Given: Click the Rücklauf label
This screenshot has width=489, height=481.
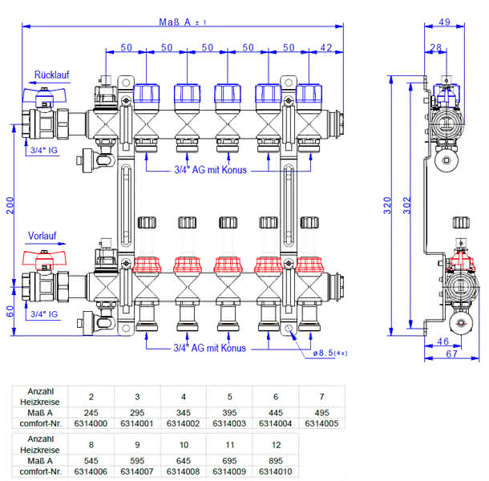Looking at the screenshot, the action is [x=51, y=75].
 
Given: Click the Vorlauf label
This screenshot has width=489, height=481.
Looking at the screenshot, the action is [x=42, y=236].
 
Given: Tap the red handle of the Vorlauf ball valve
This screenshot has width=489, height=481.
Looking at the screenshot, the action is [x=44, y=257].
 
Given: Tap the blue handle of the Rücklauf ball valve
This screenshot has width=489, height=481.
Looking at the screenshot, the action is [x=44, y=95].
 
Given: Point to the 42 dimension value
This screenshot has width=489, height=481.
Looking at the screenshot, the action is [x=326, y=47].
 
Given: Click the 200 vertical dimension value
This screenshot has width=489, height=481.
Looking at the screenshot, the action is [x=10, y=205].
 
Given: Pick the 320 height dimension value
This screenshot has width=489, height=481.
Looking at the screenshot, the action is [x=387, y=205].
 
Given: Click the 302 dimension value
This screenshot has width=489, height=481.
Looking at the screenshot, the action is [x=407, y=205].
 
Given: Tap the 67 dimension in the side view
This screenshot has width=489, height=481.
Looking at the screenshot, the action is [x=451, y=354].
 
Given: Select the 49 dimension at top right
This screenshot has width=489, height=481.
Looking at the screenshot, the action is [x=444, y=22].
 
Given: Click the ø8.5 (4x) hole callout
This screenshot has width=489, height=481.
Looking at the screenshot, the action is [x=330, y=353].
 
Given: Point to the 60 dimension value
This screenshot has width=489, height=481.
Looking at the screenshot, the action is [x=10, y=311].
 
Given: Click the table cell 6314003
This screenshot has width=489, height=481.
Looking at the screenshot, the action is [x=229, y=423].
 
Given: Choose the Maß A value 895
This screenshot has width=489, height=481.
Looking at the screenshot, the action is [x=276, y=461].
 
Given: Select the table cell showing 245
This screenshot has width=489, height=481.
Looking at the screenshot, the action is [x=91, y=413].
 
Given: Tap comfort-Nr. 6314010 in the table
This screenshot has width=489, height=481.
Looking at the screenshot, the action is [x=276, y=471].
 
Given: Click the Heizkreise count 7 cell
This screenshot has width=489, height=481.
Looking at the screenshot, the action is [x=321, y=397].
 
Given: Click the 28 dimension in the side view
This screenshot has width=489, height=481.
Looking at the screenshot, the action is [x=435, y=47].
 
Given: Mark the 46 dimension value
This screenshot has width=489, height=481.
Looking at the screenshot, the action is [x=443, y=342].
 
